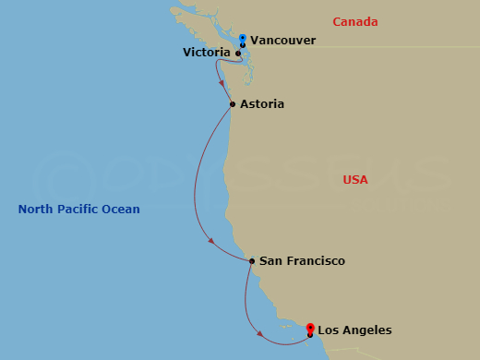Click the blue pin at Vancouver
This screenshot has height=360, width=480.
click(242, 40)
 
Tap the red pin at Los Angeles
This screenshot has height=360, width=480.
click(310, 328)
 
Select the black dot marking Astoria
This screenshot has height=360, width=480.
click(232, 104)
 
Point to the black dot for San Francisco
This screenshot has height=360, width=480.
click(252, 261)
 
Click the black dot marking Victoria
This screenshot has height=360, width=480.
click(238, 54)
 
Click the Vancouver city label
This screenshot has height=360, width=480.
click(282, 41)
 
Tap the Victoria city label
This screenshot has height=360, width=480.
click(207, 54)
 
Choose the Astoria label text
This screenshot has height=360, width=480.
click(261, 104)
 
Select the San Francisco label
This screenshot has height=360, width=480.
click(302, 261)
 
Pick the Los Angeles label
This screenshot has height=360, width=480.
click(354, 330)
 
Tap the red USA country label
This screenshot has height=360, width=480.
click(354, 180)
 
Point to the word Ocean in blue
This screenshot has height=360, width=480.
click(122, 210)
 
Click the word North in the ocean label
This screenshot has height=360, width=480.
click(36, 210)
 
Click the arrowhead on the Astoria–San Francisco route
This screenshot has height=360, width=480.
click(212, 242)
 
